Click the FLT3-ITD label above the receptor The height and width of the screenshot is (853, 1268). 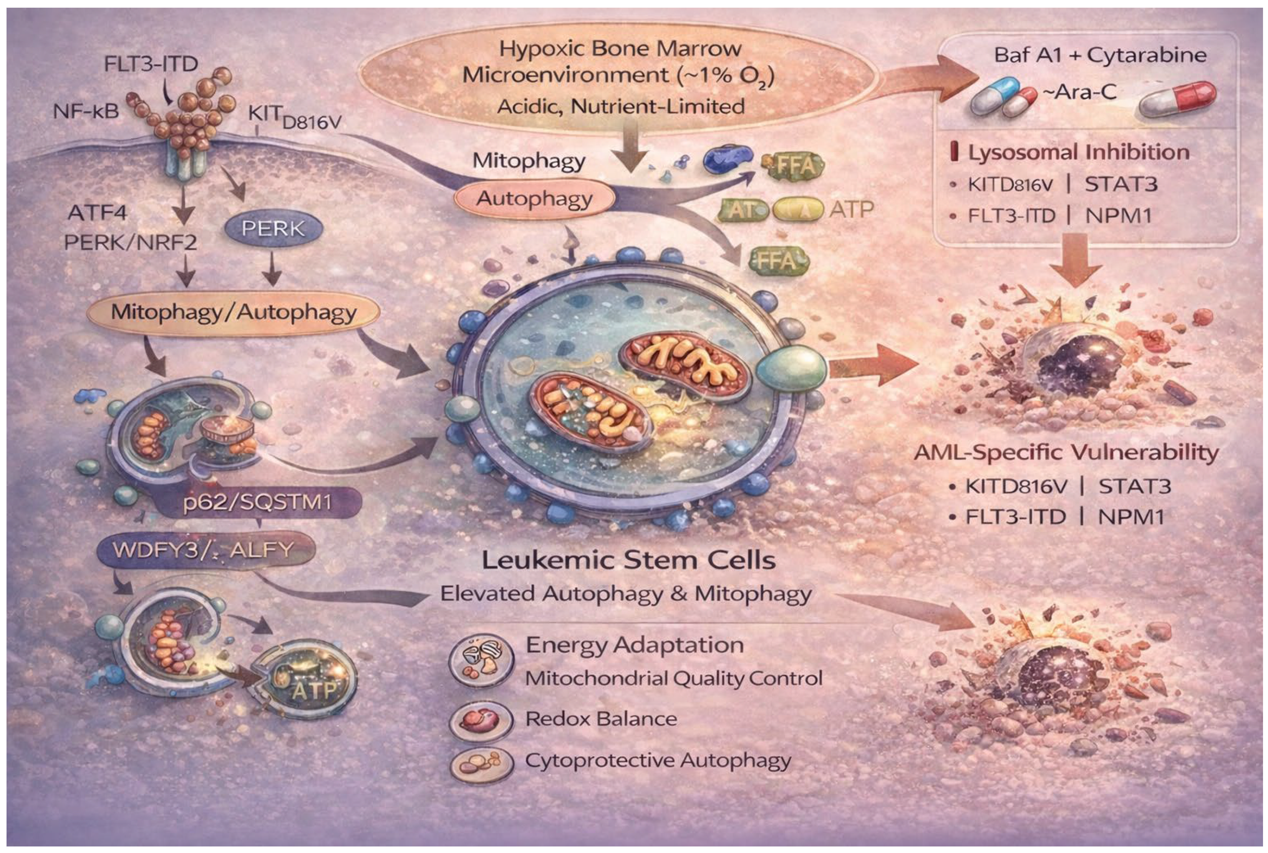pyautogui.click(x=151, y=64)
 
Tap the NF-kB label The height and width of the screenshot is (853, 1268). pyautogui.click(x=86, y=111)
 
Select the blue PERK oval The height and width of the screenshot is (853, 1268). pyautogui.click(x=273, y=228)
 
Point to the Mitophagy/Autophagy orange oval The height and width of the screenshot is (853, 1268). pyautogui.click(x=234, y=312)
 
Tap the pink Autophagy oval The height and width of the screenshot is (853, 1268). pyautogui.click(x=534, y=199)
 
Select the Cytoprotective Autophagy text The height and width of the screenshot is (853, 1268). pyautogui.click(x=658, y=760)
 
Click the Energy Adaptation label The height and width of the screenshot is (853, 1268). pyautogui.click(x=634, y=645)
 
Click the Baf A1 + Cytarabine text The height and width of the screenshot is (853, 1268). pyautogui.click(x=1100, y=55)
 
